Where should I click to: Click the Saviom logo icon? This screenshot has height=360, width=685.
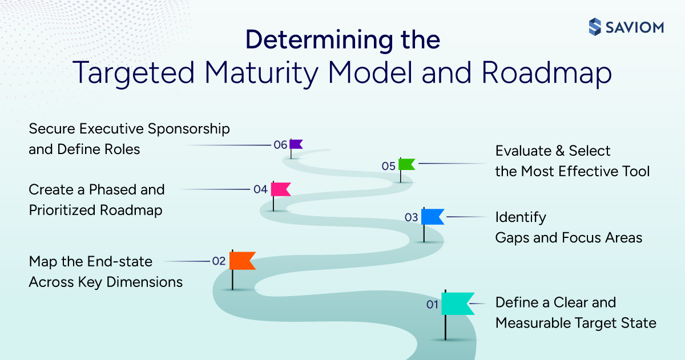click(595, 26)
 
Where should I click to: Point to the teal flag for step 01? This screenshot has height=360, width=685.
click(457, 304)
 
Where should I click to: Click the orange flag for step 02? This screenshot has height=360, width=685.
click(241, 260)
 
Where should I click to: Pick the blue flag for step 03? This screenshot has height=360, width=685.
click(432, 217)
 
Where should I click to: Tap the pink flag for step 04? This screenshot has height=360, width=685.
click(280, 189)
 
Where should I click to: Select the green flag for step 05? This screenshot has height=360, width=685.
click(406, 164)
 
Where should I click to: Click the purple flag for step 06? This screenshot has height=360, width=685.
click(296, 144)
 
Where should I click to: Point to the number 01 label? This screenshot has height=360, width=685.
click(432, 305)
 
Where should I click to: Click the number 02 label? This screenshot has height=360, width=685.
click(219, 261)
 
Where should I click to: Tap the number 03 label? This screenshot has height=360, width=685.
click(411, 217)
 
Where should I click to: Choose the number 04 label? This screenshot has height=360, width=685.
click(260, 189)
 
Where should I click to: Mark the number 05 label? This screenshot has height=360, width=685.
click(389, 166)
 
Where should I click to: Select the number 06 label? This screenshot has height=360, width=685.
click(280, 145)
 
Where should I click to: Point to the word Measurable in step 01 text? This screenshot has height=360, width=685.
click(535, 323)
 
